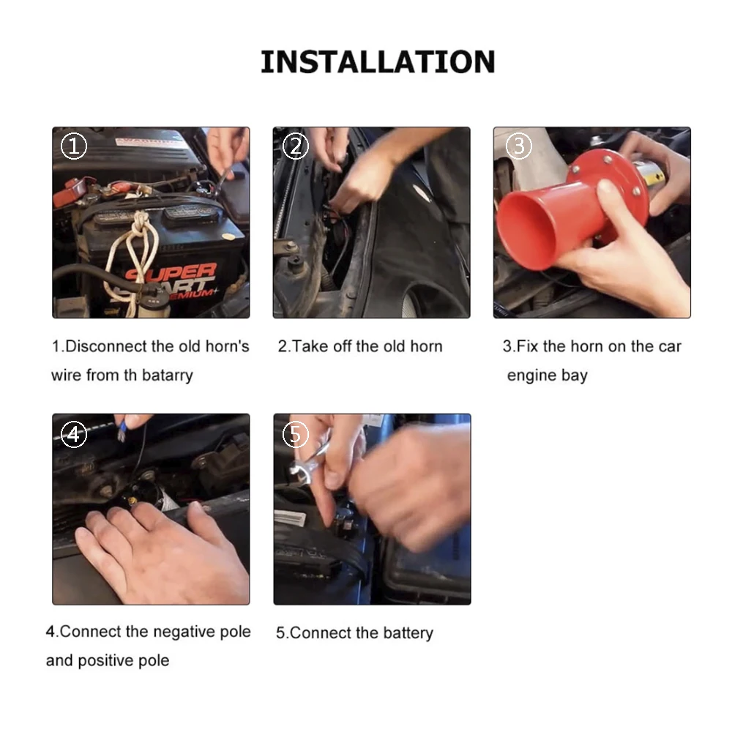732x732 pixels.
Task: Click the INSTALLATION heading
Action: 378,62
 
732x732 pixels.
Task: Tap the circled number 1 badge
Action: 74,146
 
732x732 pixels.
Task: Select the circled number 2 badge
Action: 296,146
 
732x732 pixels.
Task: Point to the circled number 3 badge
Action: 518,146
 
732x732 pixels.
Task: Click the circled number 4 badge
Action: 74,435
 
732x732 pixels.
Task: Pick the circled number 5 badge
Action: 296,435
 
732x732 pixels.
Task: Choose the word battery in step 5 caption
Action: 408,633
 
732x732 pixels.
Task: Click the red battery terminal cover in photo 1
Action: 68,191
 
